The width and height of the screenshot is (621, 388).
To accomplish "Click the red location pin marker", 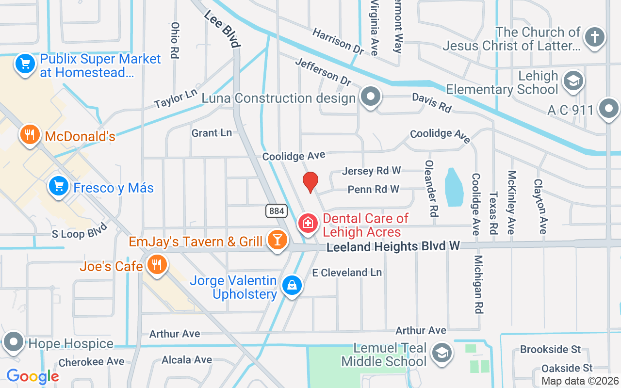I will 310,182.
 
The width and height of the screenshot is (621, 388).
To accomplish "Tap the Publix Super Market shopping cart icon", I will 25,64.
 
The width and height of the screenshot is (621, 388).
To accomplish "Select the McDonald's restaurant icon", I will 30,135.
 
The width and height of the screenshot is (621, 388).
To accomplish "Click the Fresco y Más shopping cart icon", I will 59,186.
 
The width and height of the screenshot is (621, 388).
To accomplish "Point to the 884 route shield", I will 277,211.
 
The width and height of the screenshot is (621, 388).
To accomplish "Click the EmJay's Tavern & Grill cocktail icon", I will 278,240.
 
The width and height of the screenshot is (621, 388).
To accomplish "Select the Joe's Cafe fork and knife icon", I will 156,265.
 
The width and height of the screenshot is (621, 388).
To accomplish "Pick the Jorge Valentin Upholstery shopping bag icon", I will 292,286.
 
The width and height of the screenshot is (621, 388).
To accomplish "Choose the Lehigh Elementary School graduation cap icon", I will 573,82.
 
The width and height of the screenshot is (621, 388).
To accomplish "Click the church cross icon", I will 595,37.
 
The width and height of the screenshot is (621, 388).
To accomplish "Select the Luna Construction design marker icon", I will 371,97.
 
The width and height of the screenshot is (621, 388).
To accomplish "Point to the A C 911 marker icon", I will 609,109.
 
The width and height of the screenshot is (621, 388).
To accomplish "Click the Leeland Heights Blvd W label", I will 393,247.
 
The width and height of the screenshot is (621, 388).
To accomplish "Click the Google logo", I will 33,376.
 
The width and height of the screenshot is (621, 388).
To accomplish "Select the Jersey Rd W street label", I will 372,171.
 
